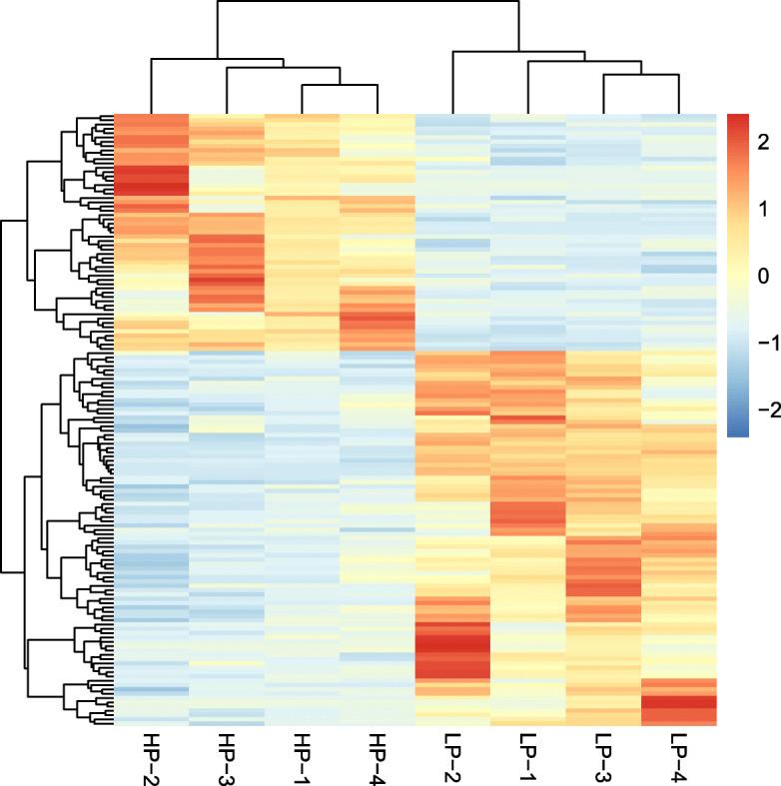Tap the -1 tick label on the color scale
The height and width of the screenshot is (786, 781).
click(763, 343)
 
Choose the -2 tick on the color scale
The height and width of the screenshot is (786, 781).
click(763, 409)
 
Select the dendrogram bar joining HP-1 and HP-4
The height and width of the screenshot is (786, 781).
click(340, 85)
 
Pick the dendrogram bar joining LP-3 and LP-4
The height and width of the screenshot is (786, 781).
click(641, 85)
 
